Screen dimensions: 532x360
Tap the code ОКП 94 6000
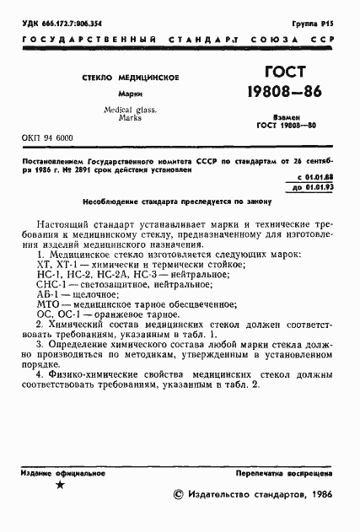(x=47, y=137)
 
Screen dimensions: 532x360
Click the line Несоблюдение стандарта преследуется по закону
(x=180, y=203)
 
